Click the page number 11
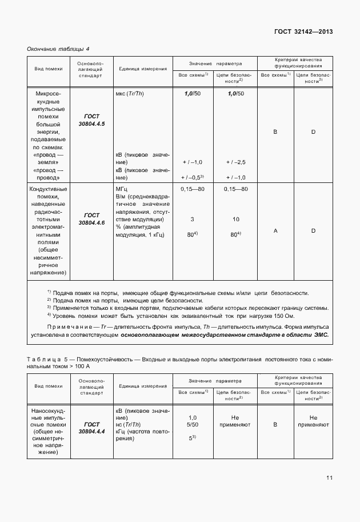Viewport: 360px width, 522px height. [x=330, y=478]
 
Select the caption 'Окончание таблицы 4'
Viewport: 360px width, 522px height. [x=58, y=49]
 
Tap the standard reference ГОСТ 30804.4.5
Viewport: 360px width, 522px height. [x=91, y=119]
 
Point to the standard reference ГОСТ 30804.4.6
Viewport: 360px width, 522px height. [x=91, y=218]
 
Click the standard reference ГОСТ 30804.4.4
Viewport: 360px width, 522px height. [x=91, y=428]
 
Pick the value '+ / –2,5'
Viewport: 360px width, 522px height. [x=235, y=162]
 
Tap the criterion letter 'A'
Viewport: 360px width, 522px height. [x=275, y=230]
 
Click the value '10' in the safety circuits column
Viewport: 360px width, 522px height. [x=235, y=219]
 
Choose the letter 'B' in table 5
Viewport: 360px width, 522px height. [x=275, y=425]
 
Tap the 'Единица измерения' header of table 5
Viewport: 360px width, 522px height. [x=143, y=386]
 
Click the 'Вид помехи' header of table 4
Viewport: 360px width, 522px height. [x=49, y=69]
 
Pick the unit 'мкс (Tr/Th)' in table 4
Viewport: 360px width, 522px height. [x=130, y=93]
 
